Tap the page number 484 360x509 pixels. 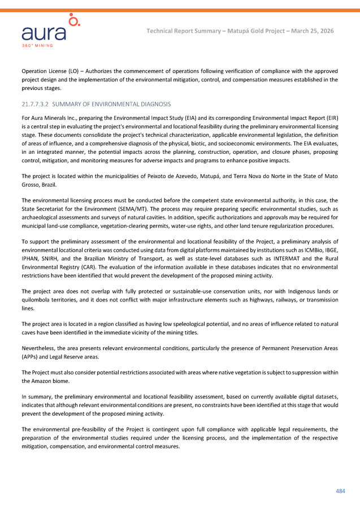pyautogui.click(x=340, y=490)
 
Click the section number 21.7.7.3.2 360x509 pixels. pyautogui.click(x=36, y=105)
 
